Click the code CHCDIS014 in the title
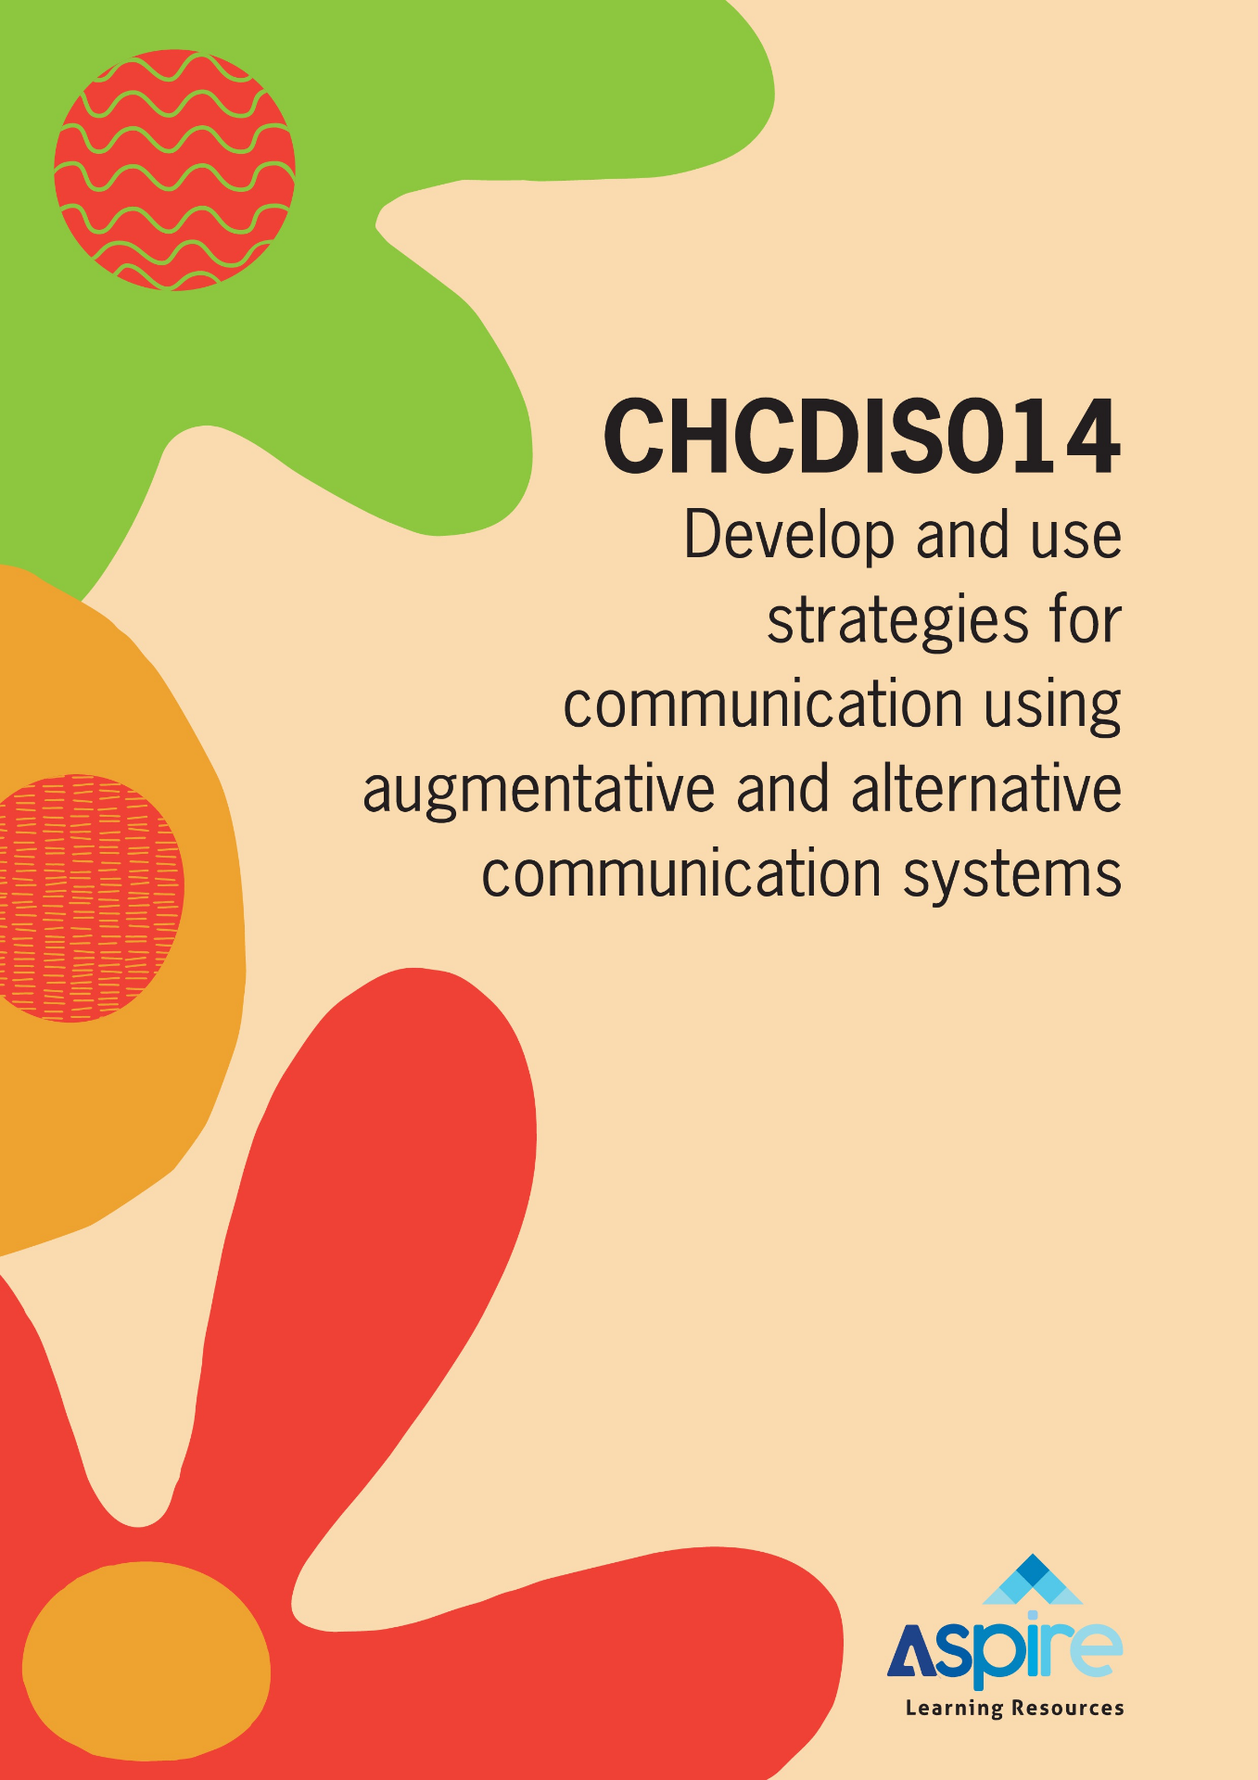(862, 436)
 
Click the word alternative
(986, 789)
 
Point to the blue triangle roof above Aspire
(1032, 1580)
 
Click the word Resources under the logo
(1067, 1708)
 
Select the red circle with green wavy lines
(174, 171)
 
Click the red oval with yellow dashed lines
(88, 897)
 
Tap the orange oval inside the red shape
(146, 1660)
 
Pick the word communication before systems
(681, 874)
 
